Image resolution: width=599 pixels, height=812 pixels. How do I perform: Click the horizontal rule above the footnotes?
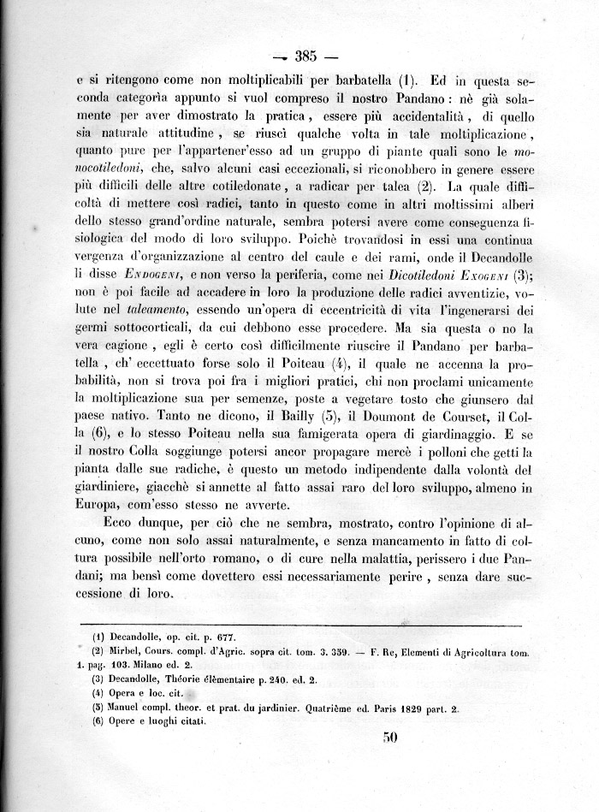308,625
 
